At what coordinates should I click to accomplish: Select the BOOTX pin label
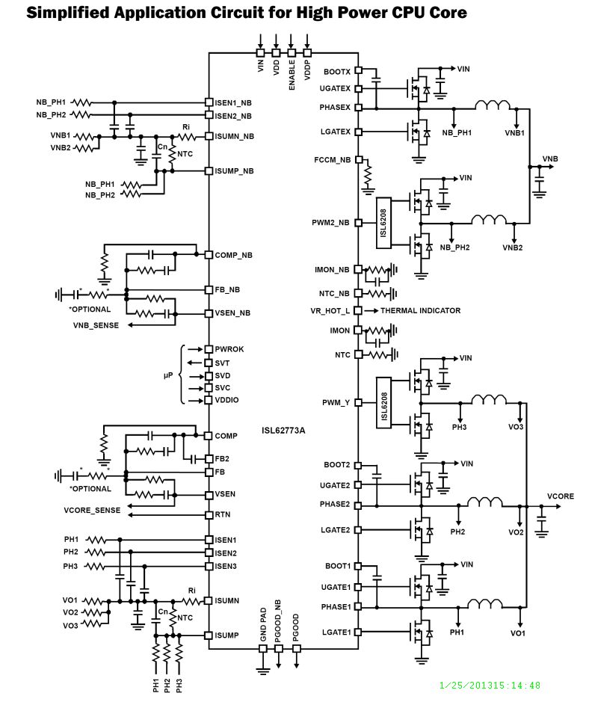pyautogui.click(x=337, y=72)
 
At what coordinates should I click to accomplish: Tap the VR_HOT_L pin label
pyautogui.click(x=330, y=310)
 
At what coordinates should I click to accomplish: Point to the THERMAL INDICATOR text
pyautogui.click(x=420, y=310)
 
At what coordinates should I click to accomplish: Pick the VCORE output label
pyautogui.click(x=561, y=496)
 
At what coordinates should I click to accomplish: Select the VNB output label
pyautogui.click(x=550, y=159)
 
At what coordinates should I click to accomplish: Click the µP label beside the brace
pyautogui.click(x=168, y=375)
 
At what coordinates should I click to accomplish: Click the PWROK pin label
pyautogui.click(x=229, y=349)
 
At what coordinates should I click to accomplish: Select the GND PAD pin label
pyautogui.click(x=263, y=626)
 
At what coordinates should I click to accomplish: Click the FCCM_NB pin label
pyautogui.click(x=333, y=160)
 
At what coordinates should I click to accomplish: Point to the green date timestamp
pyautogui.click(x=490, y=685)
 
